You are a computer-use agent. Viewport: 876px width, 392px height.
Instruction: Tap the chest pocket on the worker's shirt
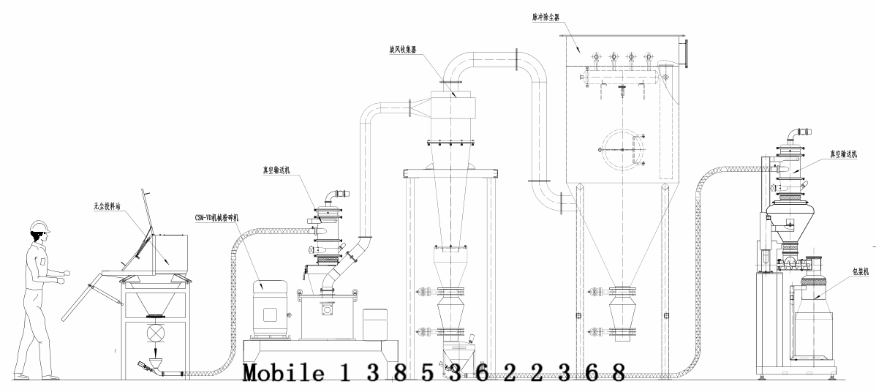tap(43, 260)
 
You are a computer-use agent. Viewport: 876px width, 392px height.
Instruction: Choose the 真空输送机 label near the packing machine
tap(842, 154)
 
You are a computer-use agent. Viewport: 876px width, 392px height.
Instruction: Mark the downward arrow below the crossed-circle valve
tap(155, 351)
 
